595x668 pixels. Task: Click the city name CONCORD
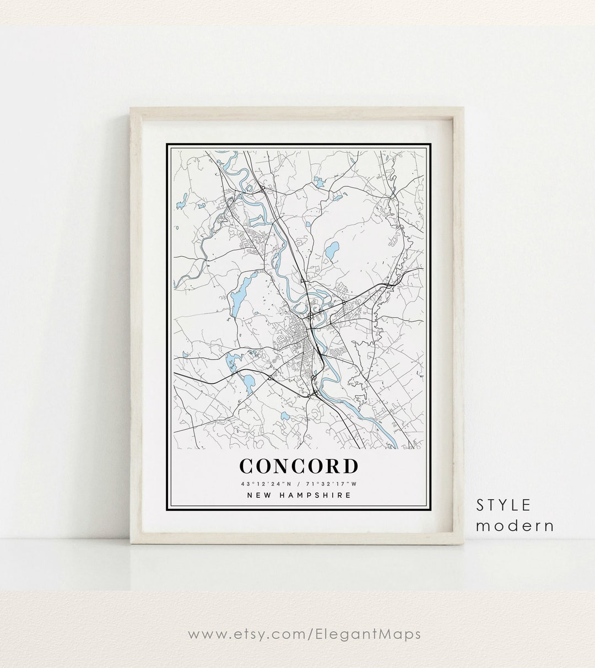pos(299,466)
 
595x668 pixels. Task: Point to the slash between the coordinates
pos(298,484)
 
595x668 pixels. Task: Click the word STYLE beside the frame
pos(504,504)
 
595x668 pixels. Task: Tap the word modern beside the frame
pos(515,525)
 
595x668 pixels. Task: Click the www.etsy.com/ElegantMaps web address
pos(304,634)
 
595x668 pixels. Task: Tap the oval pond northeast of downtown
pos(331,252)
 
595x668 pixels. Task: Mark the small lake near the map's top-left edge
pos(181,205)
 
